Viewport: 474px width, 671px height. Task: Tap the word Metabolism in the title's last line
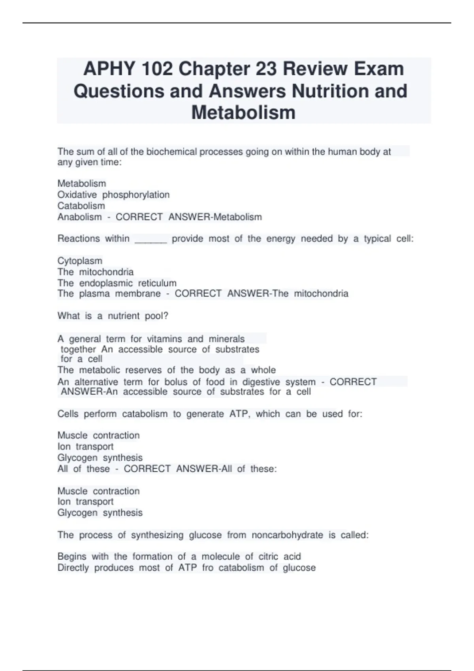[x=243, y=112]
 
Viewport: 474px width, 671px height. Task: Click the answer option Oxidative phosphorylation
[x=113, y=195]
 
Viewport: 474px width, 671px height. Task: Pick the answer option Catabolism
[x=81, y=206]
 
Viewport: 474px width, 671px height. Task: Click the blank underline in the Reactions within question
[x=150, y=239]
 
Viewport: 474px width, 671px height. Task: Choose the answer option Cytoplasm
[x=80, y=261]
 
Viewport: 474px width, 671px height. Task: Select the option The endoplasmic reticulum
[x=117, y=283]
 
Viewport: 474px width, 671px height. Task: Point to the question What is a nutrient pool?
[x=113, y=316]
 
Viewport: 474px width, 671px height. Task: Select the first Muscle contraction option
[x=98, y=435]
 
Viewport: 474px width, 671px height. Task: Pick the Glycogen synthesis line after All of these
[x=100, y=512]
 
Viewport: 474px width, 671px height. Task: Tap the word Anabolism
[x=79, y=217]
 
